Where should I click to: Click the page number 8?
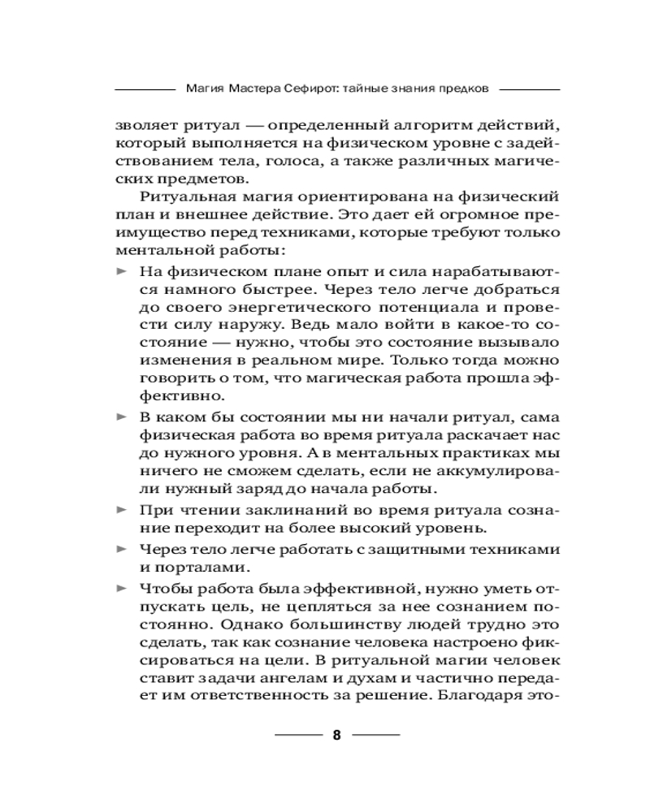(x=337, y=737)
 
